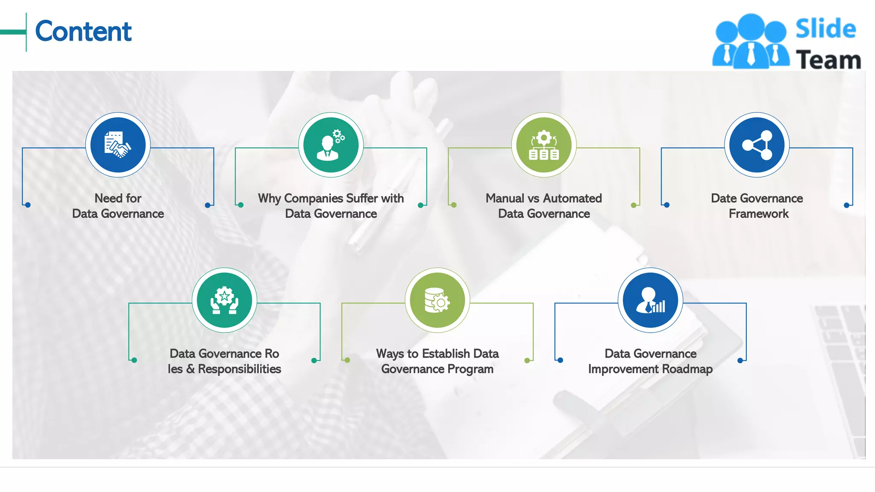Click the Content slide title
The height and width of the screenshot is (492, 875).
[x=83, y=31]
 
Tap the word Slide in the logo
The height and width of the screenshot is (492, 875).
[x=825, y=29]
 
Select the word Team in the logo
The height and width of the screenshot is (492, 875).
[x=828, y=60]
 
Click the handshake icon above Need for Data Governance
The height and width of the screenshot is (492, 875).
[x=118, y=145]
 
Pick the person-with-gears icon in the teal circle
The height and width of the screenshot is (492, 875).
[x=331, y=145]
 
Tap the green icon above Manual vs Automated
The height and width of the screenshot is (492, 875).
[x=544, y=145]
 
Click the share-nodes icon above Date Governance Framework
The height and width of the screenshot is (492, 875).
[x=757, y=145]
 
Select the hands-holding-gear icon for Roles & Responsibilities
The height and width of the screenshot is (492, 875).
[x=224, y=300]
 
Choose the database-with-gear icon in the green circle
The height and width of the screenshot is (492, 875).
[x=437, y=300]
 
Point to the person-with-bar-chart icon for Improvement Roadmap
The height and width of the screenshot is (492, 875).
[x=650, y=300]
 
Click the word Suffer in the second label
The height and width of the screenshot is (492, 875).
[x=362, y=198]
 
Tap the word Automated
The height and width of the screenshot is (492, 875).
[x=573, y=198]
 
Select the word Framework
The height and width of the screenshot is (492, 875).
[x=758, y=214]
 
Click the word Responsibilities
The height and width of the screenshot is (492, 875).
[x=239, y=369]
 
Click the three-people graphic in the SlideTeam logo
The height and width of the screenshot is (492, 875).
[x=751, y=42]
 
